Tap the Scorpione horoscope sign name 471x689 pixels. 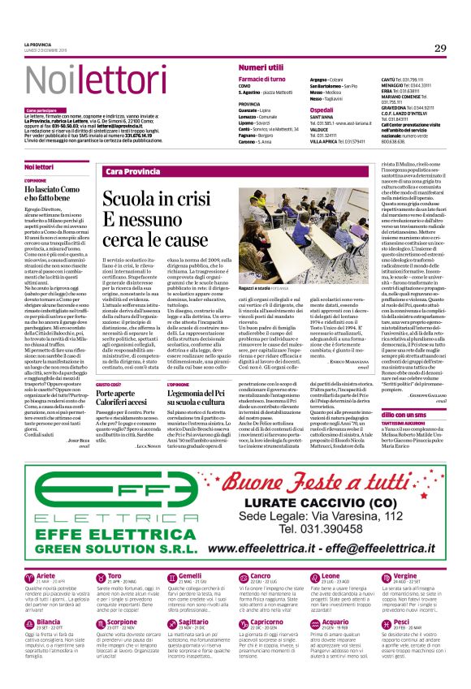point(122,622)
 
